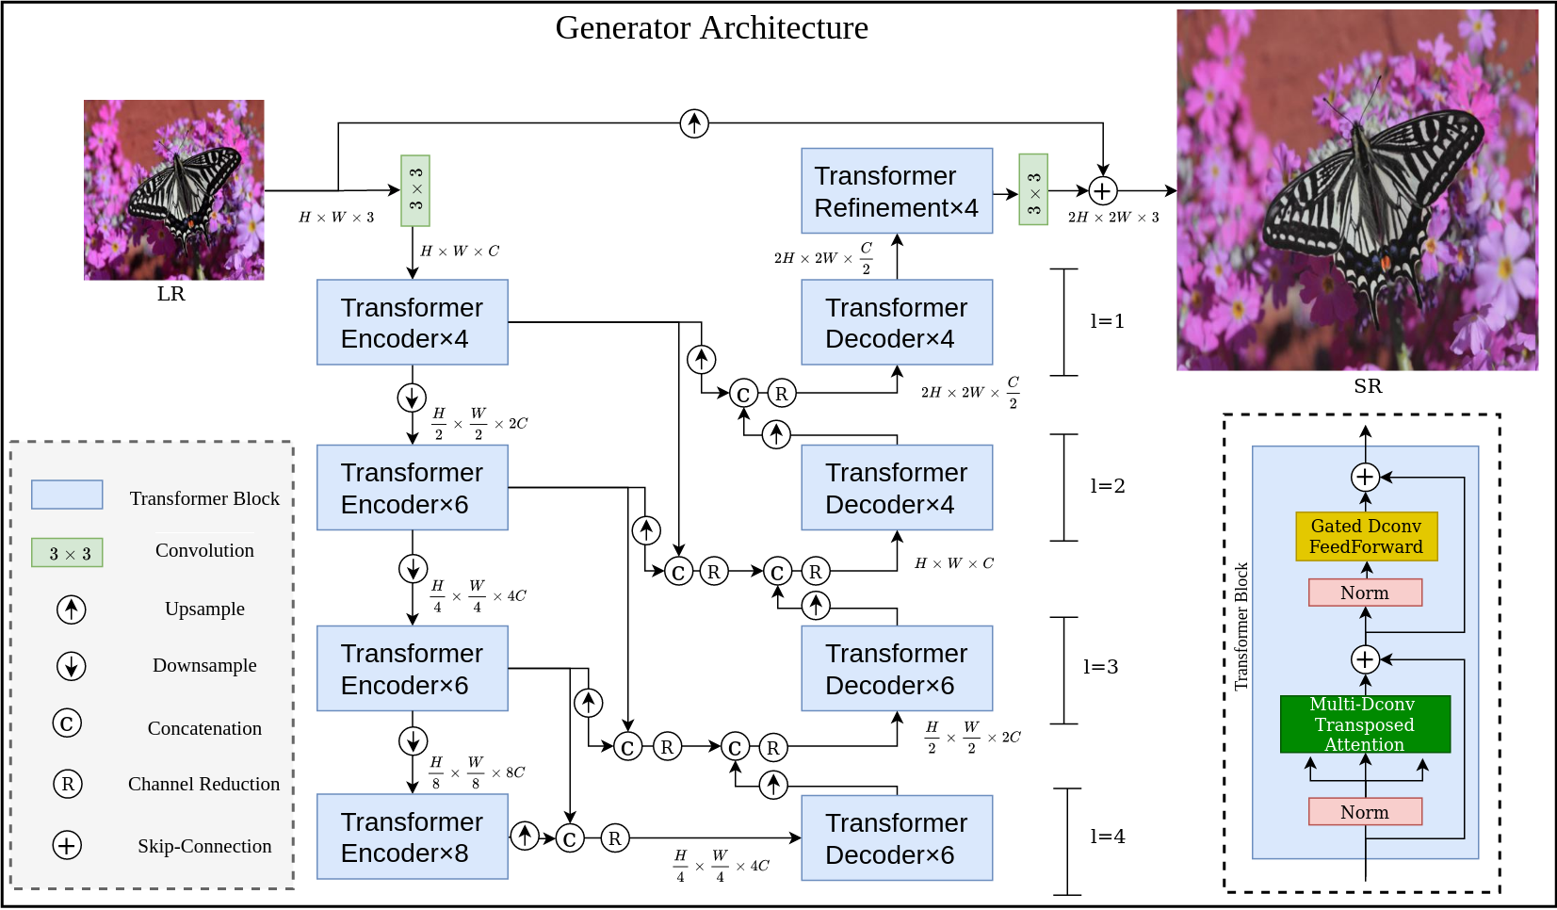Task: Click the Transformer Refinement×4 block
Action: pos(896,191)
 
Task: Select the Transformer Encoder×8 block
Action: pos(412,837)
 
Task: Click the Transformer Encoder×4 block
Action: pos(412,322)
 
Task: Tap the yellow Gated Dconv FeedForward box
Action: pos(1366,536)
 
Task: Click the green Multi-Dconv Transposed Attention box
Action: pos(1365,724)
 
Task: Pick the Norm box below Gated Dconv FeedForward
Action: pos(1365,593)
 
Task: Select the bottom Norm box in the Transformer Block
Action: pos(1365,812)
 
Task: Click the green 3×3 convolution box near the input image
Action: pos(415,190)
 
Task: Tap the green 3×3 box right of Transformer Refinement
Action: pos(1033,189)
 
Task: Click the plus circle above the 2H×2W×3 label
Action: pos(1102,191)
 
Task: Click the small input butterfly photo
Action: pos(174,190)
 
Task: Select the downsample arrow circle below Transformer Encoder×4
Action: pos(412,398)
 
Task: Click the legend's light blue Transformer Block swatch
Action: pos(67,495)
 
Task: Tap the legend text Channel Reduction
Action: pos(203,784)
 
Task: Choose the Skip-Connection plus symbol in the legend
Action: pos(67,845)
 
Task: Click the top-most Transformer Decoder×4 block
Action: pos(896,322)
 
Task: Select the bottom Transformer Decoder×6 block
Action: pos(896,837)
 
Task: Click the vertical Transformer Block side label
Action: pos(1241,626)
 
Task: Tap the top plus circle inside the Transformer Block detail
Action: pos(1365,477)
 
